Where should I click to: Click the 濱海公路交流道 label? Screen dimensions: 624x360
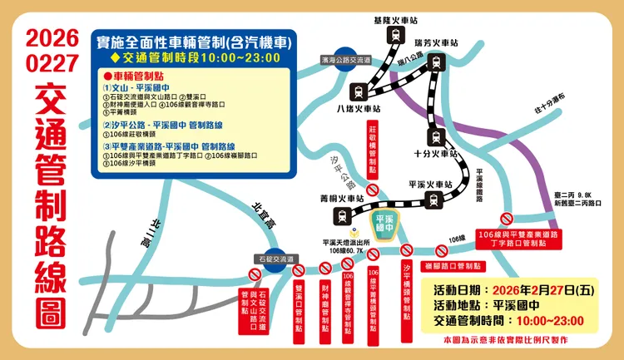[x=344, y=61]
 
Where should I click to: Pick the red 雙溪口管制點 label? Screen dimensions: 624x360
[x=299, y=303]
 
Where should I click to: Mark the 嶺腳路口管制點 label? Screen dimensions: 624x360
[x=453, y=265]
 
